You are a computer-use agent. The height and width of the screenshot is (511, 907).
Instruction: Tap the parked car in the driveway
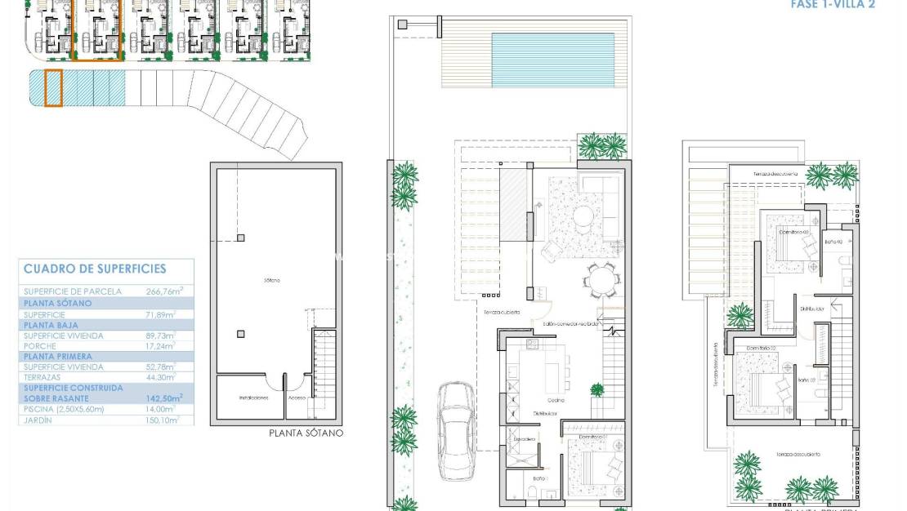(458, 430)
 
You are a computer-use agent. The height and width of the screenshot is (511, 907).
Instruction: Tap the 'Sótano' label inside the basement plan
(272, 280)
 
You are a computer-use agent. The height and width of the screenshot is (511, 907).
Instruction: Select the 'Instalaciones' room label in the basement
(253, 398)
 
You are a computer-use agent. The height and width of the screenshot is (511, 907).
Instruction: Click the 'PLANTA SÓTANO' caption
(306, 433)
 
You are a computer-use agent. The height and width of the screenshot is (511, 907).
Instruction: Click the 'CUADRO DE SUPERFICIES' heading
(95, 269)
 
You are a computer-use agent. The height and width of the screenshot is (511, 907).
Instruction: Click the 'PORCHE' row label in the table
(42, 345)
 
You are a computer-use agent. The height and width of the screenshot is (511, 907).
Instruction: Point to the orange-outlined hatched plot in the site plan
(53, 88)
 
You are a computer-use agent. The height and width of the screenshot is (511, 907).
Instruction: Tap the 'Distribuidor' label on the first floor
(813, 309)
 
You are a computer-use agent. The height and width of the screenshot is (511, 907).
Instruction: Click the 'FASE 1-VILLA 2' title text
(833, 4)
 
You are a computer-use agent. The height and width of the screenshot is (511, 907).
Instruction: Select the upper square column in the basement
(241, 238)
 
